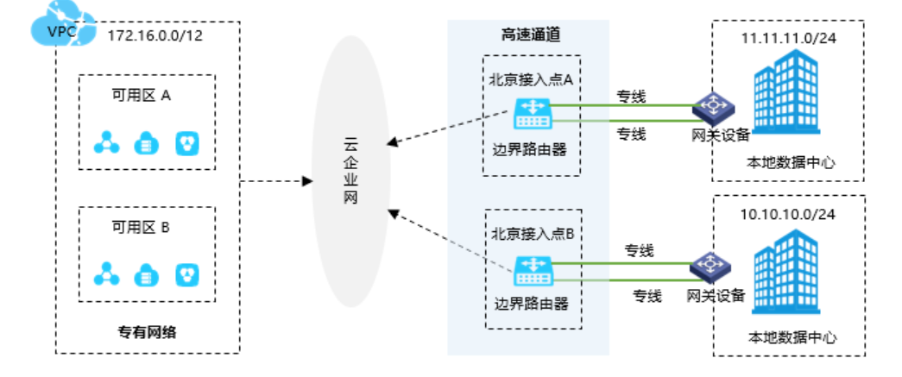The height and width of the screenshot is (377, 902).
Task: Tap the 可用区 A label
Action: (x=142, y=96)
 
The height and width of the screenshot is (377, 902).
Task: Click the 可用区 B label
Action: (x=142, y=228)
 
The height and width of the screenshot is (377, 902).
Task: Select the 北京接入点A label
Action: (x=532, y=79)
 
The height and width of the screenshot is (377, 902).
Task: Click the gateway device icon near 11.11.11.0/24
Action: (x=713, y=108)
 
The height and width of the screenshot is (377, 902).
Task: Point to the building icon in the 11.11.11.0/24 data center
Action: (x=787, y=99)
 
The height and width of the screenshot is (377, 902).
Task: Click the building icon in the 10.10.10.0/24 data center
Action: (x=787, y=276)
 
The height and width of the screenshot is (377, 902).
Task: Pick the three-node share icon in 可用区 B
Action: (x=108, y=274)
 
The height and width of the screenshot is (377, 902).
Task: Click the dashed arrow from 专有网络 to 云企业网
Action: (x=276, y=181)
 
